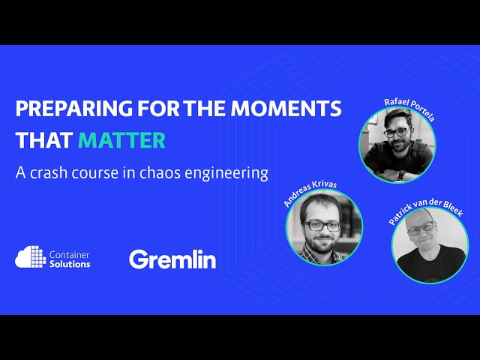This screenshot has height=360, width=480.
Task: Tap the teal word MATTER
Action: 121,140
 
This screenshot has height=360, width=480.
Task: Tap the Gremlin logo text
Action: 172,259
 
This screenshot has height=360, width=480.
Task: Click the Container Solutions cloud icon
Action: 30,258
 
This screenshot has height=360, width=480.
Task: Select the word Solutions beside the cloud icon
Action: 72,264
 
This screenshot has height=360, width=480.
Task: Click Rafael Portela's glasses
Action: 397,130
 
